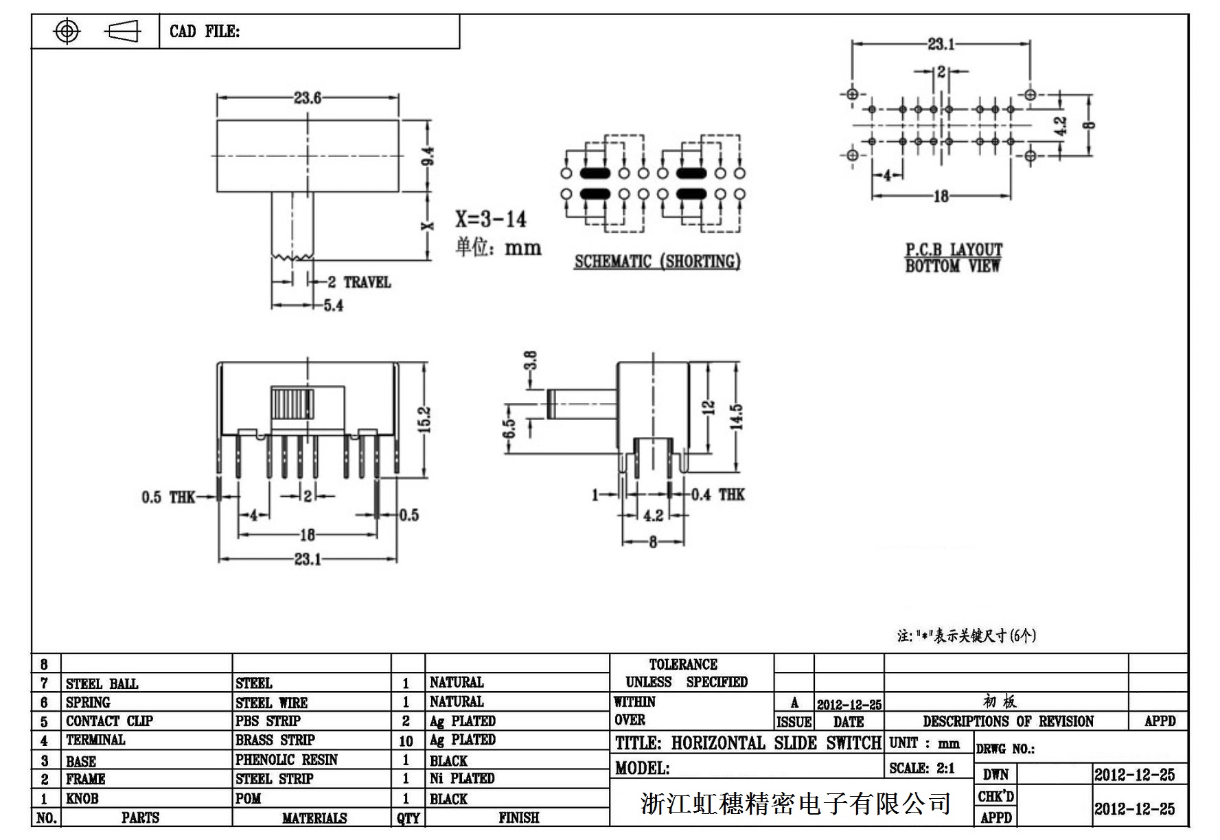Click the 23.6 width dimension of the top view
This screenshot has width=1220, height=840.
[x=307, y=98]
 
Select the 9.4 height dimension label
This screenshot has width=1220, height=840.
[x=428, y=156]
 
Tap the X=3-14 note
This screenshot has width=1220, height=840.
[x=490, y=219]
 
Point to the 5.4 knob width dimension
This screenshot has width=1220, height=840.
[x=333, y=305]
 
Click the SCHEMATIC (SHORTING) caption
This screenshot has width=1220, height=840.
[x=657, y=261]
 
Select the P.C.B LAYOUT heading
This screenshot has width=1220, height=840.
[x=953, y=250]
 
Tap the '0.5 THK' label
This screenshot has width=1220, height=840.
[x=168, y=497]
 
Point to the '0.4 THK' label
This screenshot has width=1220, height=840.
[x=717, y=494]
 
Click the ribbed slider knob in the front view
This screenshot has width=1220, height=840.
[x=292, y=404]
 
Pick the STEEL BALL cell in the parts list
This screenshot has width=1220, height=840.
[x=102, y=684]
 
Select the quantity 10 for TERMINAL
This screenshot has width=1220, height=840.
[x=406, y=740]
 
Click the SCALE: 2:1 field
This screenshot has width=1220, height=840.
[x=921, y=768]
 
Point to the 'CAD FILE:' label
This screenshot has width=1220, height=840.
[x=205, y=32]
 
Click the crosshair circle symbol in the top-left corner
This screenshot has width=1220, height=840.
[x=67, y=32]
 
